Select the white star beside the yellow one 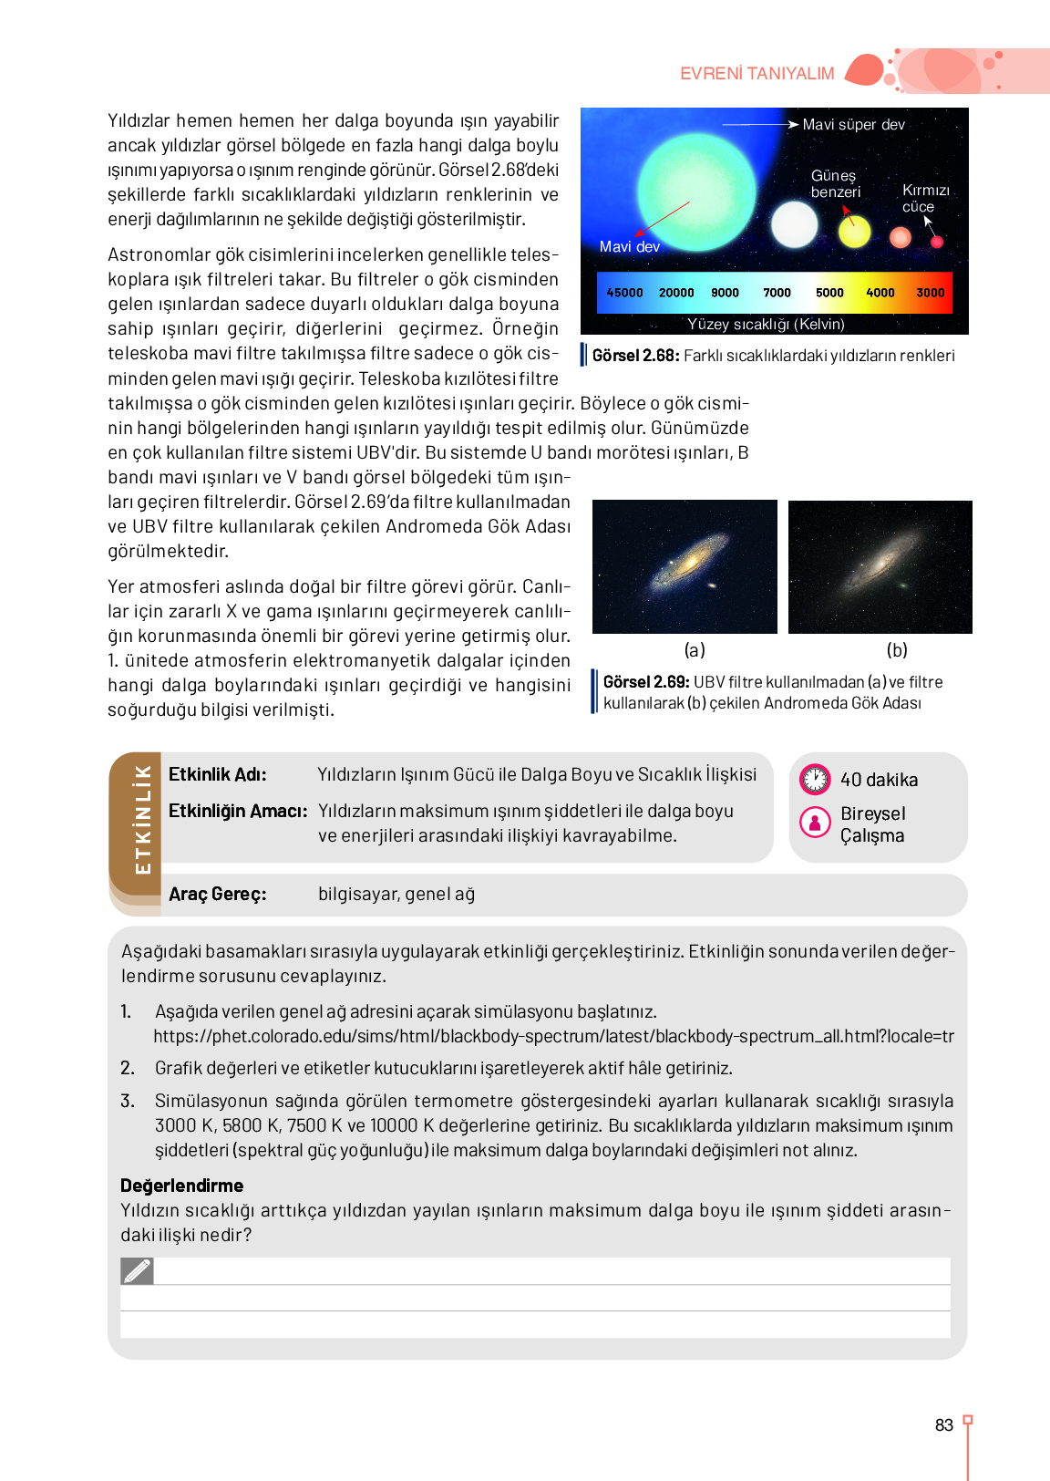pyautogui.click(x=794, y=224)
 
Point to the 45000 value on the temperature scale pyautogui.click(x=624, y=293)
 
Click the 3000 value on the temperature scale pyautogui.click(x=930, y=293)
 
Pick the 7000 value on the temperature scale pyautogui.click(x=777, y=293)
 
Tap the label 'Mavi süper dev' pyautogui.click(x=853, y=125)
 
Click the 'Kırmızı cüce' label pyautogui.click(x=925, y=198)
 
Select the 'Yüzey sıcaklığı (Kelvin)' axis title pyautogui.click(x=766, y=324)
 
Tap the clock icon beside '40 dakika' pyautogui.click(x=815, y=780)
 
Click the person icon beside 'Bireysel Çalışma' pyautogui.click(x=815, y=823)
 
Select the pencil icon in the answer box pyautogui.click(x=137, y=1270)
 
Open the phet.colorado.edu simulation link pyautogui.click(x=553, y=1037)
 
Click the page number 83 pyautogui.click(x=944, y=1425)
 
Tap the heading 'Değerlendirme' pyautogui.click(x=181, y=1186)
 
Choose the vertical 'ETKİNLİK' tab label pyautogui.click(x=142, y=819)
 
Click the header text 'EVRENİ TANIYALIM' pyautogui.click(x=757, y=74)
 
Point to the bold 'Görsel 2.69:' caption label pyautogui.click(x=646, y=682)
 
